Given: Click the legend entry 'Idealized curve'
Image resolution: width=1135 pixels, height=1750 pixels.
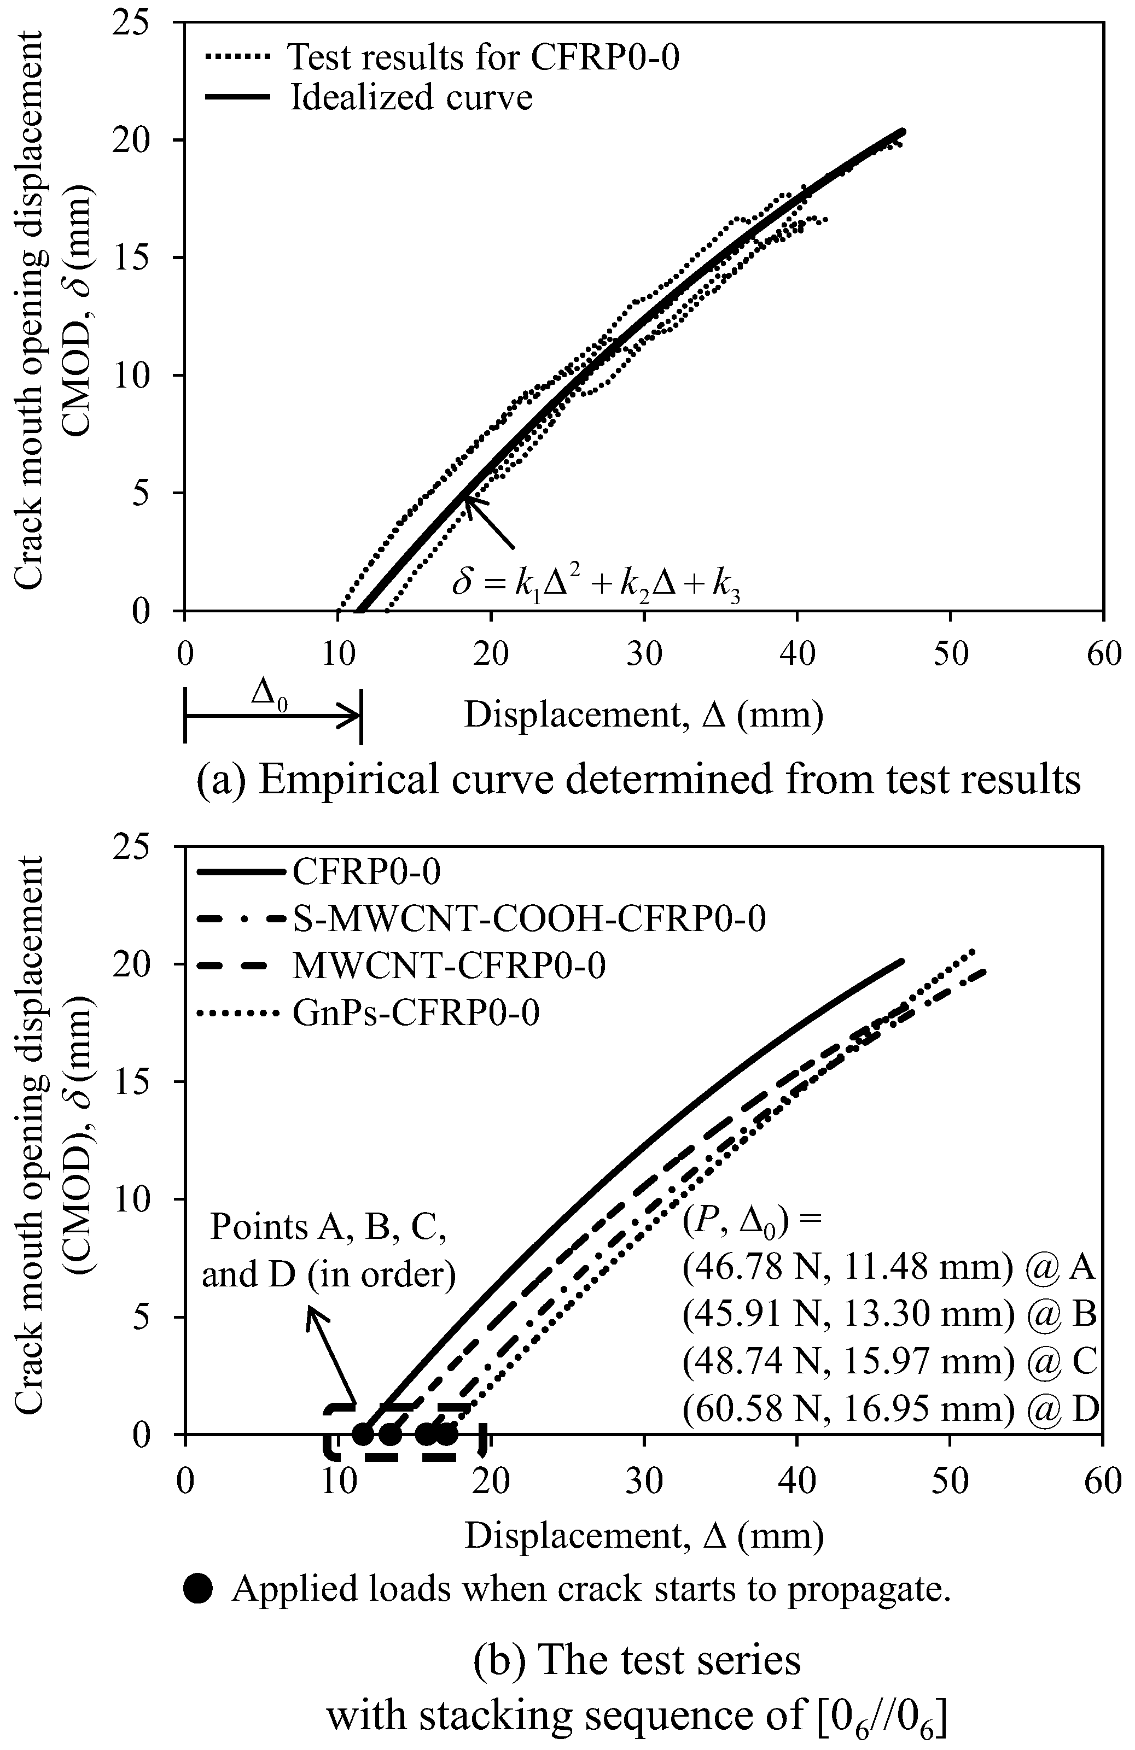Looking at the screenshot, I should point(410,97).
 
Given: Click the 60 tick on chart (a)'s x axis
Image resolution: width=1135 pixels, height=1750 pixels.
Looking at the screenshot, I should point(1103,653).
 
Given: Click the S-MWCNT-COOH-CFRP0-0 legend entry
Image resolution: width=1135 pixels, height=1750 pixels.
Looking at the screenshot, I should point(528,918).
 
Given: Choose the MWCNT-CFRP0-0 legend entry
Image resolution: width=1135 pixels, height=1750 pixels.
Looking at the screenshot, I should point(449,965).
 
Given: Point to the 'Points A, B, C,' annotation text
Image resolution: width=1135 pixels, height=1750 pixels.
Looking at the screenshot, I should point(328,1227).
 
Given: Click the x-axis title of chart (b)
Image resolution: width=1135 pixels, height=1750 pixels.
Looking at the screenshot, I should point(644,1536).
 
